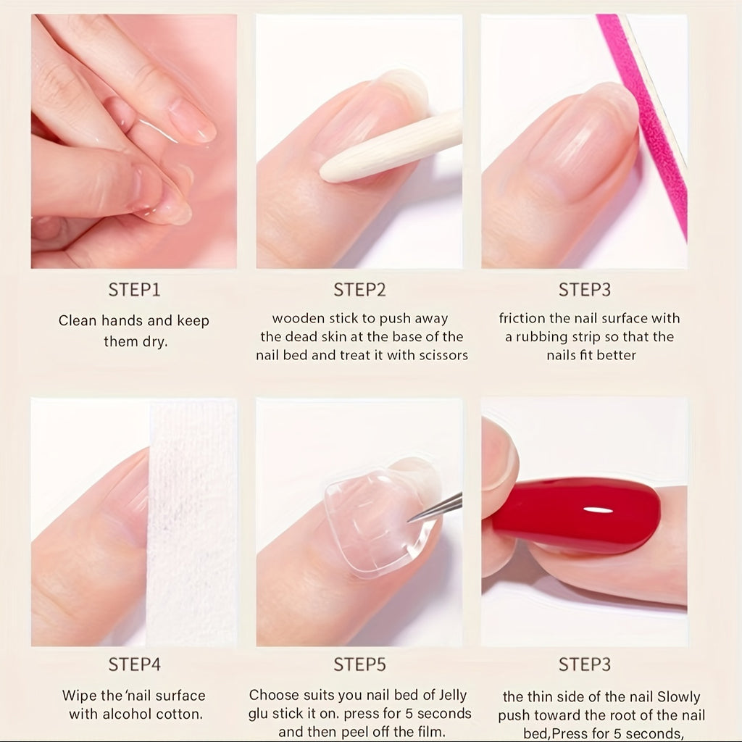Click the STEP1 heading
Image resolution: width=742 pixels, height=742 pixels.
pos(134,290)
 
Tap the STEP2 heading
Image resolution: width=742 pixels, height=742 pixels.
pos(359,290)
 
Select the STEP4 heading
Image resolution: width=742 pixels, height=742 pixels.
pos(134,664)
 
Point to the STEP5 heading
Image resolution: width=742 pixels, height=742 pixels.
pos(359,664)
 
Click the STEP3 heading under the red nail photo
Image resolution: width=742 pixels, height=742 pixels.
pos(585,664)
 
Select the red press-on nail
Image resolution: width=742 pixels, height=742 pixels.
pos(575,515)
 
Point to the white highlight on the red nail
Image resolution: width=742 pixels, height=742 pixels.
pos(598,510)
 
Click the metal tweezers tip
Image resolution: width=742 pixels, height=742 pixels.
pos(410,520)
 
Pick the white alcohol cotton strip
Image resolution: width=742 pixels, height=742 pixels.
pos(191,522)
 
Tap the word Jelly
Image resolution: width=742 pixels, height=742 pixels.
pos(453,696)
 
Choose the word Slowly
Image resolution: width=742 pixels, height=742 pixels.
pos(678,697)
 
